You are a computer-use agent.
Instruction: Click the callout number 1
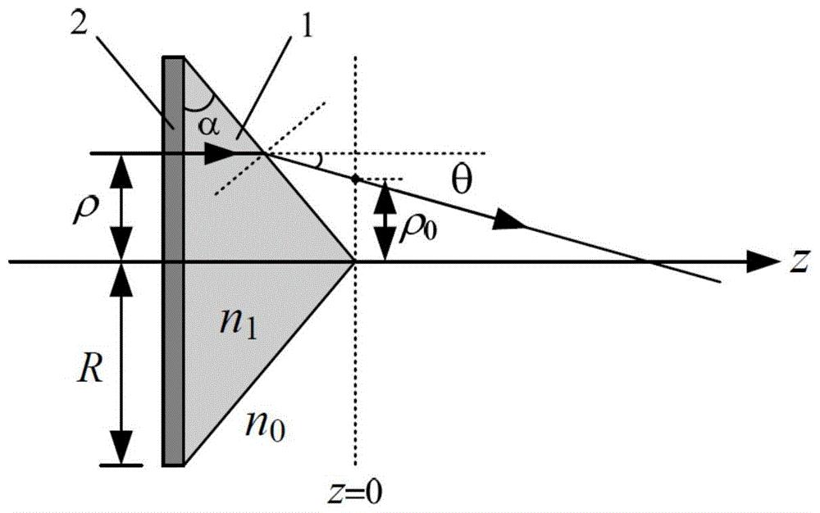305,25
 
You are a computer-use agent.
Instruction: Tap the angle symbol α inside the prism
207,127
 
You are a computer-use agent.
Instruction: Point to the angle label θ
461,180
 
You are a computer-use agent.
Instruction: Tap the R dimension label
90,370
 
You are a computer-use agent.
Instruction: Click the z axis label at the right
799,261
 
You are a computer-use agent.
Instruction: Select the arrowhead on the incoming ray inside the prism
220,153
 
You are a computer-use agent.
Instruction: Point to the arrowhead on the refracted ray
510,220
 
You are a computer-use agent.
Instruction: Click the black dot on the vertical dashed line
356,179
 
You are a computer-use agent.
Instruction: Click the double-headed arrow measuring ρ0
385,220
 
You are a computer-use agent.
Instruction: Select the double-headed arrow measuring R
121,362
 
